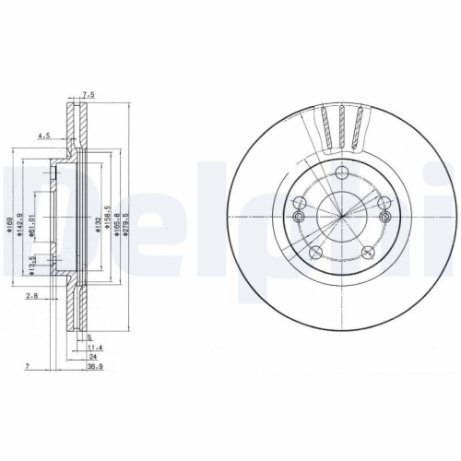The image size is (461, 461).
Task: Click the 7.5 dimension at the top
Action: [89, 94]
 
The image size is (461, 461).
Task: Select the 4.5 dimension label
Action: [42, 136]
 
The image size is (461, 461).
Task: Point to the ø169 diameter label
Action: [8, 220]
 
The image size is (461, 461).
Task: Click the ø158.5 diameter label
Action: [108, 216]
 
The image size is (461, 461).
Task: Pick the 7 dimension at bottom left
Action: [28, 366]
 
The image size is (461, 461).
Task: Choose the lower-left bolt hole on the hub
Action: [317, 226]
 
